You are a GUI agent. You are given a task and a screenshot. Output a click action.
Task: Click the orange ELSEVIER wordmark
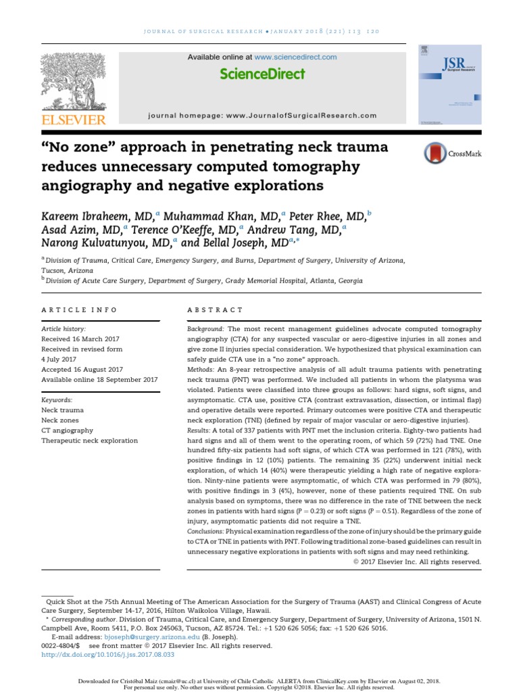click(74, 120)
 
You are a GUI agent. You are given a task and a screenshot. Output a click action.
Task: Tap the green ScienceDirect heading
click(262, 74)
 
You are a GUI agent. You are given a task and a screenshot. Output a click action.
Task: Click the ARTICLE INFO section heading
click(79, 310)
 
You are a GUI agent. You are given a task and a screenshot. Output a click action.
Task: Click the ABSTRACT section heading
click(215, 310)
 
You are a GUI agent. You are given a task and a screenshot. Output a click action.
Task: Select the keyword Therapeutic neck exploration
click(89, 441)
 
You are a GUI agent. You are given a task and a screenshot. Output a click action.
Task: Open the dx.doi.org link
click(108, 655)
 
